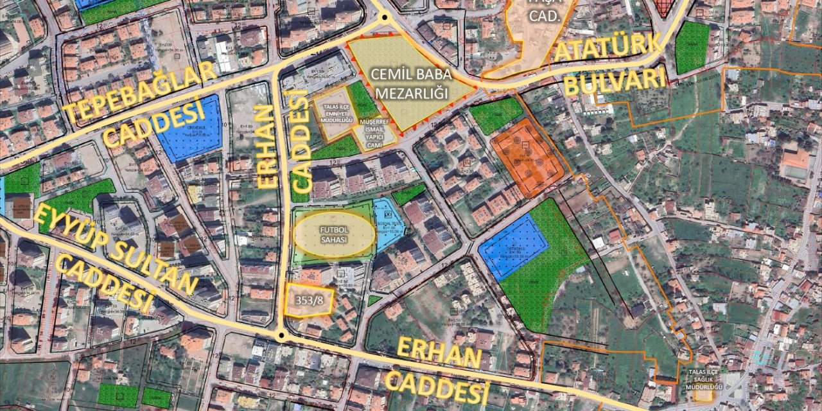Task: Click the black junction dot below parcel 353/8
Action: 281,335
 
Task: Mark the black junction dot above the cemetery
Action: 385,17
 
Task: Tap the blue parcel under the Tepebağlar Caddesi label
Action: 190,132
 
